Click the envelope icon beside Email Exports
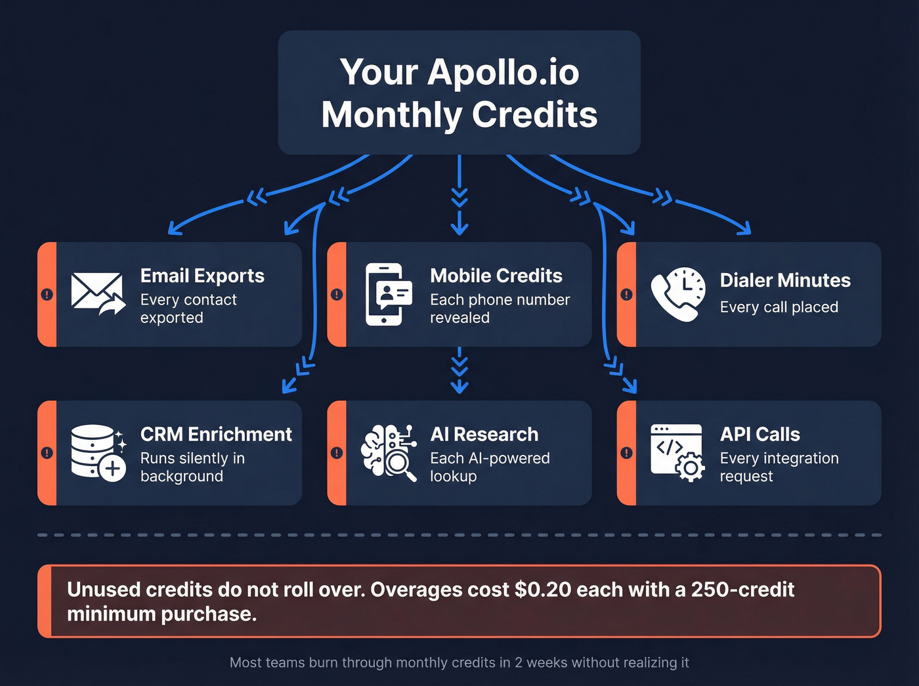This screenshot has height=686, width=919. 98,293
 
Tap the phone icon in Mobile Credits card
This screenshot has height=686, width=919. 387,294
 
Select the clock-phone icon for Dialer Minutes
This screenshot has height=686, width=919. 678,294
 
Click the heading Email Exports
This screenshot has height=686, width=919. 202,276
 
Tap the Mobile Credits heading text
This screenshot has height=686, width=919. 496,276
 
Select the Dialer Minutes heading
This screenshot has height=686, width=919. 785,280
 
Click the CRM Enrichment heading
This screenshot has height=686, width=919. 216,435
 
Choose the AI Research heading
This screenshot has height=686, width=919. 484,435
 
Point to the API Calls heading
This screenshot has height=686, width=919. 760,435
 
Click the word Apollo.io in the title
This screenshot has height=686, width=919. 503,72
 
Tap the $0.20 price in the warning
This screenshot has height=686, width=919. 543,590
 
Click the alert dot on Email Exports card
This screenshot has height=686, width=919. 47,294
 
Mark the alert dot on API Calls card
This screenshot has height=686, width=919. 627,453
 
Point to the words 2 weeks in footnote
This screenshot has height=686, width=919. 541,662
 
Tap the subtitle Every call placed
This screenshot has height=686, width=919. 779,307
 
